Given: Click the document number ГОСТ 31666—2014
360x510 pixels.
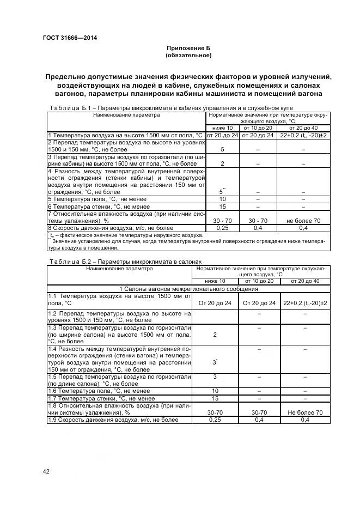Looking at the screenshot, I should [66, 38].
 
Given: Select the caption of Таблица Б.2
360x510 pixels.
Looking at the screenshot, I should [125, 262].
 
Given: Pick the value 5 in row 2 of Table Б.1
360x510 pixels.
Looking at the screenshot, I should [222, 149].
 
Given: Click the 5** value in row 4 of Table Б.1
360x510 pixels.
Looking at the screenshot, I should [222, 192].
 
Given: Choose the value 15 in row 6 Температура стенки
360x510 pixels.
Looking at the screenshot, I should [222, 207].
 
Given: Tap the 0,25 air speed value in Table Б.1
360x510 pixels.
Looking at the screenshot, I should [222, 228].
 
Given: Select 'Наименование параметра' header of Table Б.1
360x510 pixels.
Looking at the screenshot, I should [126, 115].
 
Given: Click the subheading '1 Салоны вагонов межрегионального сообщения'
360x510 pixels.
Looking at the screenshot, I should [188, 288].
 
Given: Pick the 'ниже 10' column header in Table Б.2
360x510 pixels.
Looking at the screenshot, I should [215, 281].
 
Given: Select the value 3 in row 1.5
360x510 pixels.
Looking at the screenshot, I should [215, 377].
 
